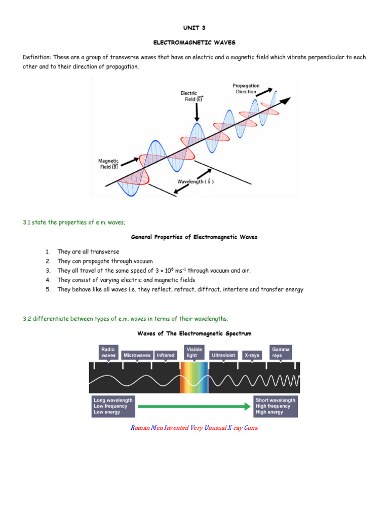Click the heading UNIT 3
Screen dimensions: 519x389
(194, 28)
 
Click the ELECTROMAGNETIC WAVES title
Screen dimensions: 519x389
(194, 43)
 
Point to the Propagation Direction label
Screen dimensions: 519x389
(246, 89)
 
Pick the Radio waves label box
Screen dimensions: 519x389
(108, 352)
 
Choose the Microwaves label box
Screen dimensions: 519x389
(136, 355)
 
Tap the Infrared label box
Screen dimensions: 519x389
(166, 355)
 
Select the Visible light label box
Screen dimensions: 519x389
(194, 352)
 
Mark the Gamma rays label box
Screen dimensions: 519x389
(281, 352)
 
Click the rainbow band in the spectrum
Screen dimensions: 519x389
(194, 378)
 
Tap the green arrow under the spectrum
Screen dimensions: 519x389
(194, 406)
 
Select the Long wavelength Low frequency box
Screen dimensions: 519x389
(113, 406)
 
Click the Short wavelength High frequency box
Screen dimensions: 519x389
(276, 406)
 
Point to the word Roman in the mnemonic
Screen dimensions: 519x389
(140, 428)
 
